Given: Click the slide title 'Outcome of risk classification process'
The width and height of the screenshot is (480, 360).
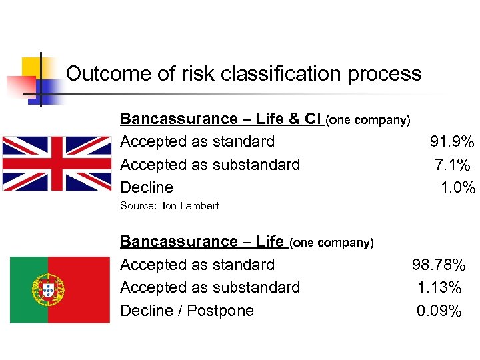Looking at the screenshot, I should pyautogui.click(x=243, y=73).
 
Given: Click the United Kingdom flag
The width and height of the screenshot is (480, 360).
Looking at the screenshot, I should pyautogui.click(x=57, y=163).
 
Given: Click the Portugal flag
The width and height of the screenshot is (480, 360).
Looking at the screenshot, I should pyautogui.click(x=60, y=289).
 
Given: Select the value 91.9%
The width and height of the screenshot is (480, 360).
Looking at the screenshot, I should pyautogui.click(x=452, y=141).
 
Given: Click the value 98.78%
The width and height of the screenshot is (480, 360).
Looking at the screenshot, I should pyautogui.click(x=439, y=265).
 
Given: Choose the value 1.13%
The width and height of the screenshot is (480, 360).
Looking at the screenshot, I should pyautogui.click(x=439, y=288).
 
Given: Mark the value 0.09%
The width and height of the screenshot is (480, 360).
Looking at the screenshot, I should pyautogui.click(x=439, y=311).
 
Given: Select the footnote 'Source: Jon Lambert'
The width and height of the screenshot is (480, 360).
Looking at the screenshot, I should pyautogui.click(x=169, y=206).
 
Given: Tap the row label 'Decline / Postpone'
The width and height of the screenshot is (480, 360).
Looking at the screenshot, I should pyautogui.click(x=187, y=311).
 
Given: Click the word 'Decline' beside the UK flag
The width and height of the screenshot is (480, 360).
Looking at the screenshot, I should pyautogui.click(x=146, y=188).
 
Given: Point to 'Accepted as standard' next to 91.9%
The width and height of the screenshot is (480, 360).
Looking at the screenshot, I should pyautogui.click(x=197, y=141).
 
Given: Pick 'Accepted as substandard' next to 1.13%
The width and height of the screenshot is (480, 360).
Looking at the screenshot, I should pyautogui.click(x=210, y=288).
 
